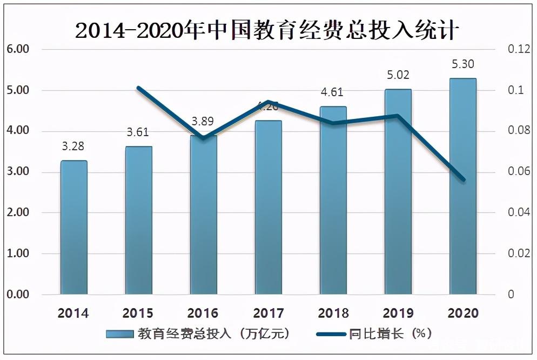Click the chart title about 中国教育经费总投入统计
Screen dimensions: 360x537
click(x=267, y=31)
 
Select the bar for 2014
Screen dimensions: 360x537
click(x=73, y=227)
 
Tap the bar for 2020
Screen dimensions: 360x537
click(x=463, y=186)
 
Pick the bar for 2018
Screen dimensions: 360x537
click(x=333, y=200)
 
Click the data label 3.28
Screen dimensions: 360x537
click(x=73, y=146)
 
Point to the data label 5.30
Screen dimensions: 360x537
click(x=463, y=64)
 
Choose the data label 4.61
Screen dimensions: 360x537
click(x=332, y=92)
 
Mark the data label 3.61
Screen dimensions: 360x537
click(x=138, y=132)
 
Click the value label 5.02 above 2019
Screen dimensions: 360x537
click(x=398, y=75)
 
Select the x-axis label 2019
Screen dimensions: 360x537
click(x=398, y=314)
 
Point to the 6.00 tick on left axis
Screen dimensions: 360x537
click(x=17, y=50)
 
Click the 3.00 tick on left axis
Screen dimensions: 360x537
click(x=17, y=172)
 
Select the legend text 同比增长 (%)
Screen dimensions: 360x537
click(x=390, y=334)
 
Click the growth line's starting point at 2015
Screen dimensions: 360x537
click(x=138, y=88)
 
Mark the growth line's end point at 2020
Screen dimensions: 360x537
click(x=463, y=180)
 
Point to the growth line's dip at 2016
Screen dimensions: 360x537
click(x=203, y=138)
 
